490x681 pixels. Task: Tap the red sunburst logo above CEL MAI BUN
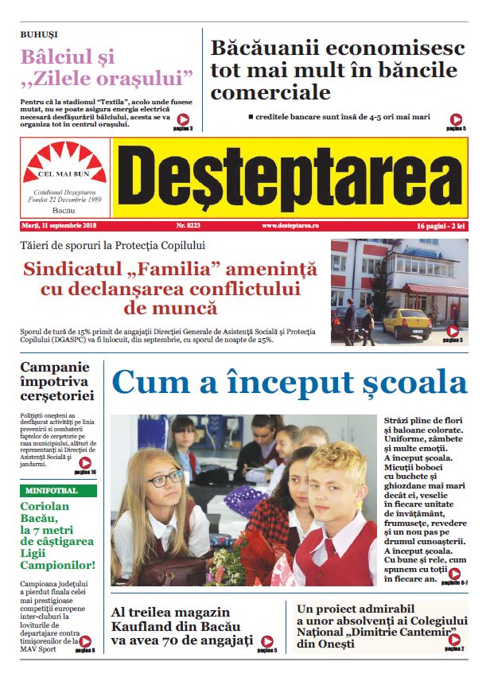65,159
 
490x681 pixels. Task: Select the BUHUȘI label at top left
39,35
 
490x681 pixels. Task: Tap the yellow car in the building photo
406,323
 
